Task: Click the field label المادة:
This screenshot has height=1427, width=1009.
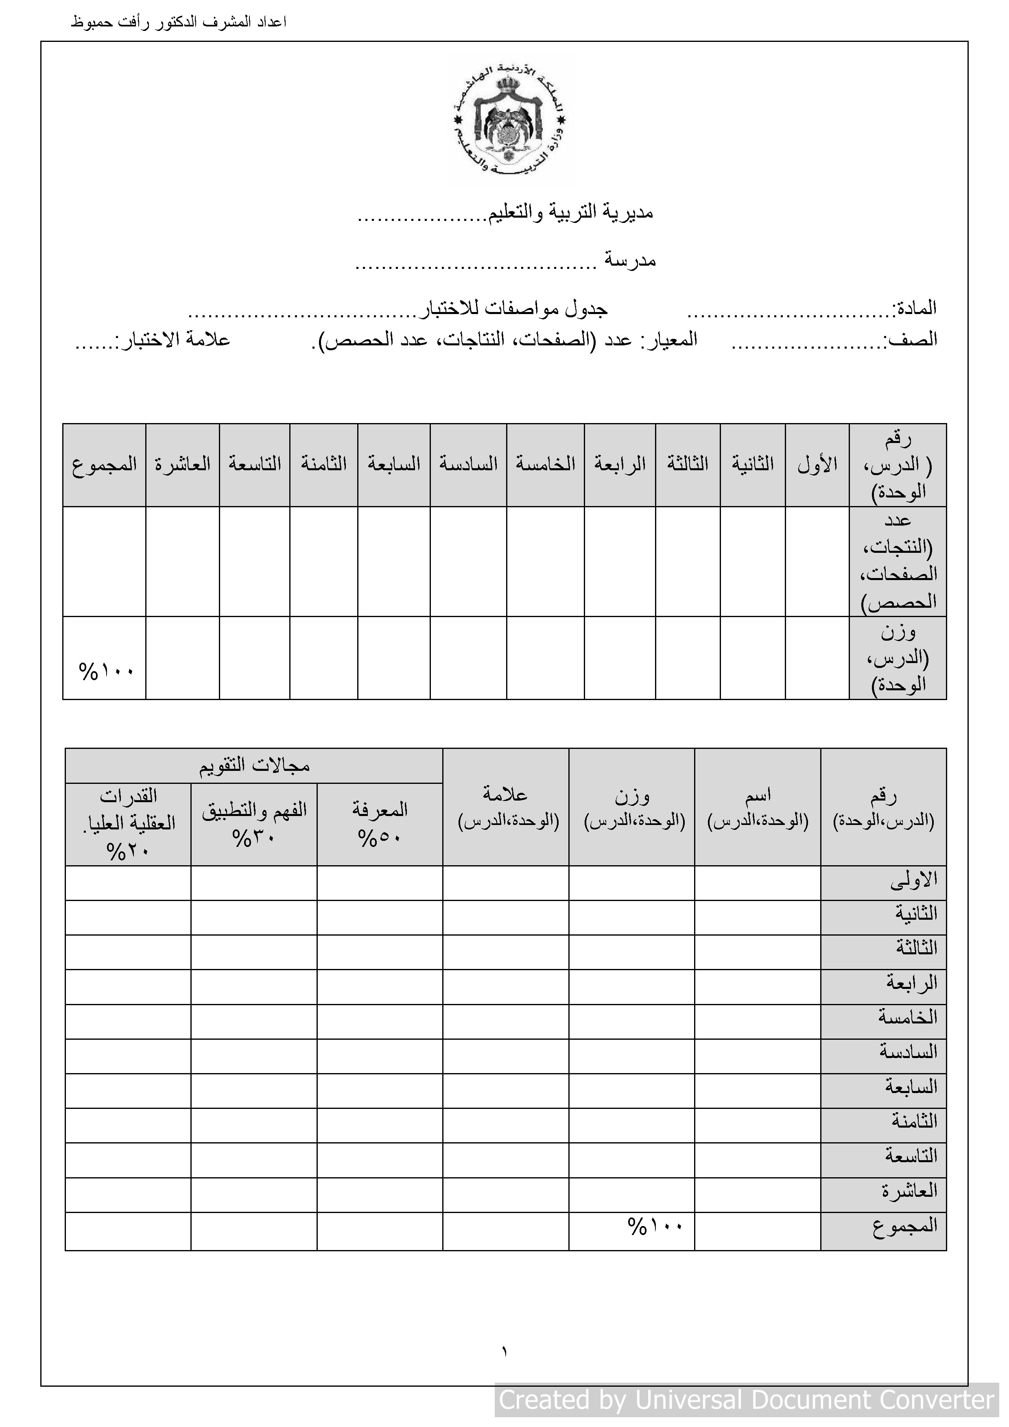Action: coord(915,308)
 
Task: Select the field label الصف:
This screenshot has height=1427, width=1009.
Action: coord(911,339)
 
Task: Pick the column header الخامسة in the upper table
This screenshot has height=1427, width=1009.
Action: coord(545,464)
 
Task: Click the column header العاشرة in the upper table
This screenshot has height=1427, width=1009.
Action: coord(182,464)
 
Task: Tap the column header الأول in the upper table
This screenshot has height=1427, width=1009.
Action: coord(817,464)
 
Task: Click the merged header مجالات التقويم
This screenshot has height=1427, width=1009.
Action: coord(254,766)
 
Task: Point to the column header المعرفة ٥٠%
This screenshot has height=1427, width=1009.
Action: coord(380,823)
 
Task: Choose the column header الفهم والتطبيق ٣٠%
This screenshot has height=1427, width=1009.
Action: coord(254,823)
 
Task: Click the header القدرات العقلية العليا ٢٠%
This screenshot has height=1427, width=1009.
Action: coord(129,823)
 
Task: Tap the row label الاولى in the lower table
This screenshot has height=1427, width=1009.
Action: coord(913,880)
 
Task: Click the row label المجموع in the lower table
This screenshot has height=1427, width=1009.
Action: coord(904,1226)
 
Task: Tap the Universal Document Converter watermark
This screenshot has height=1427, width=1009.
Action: coord(746,1400)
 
